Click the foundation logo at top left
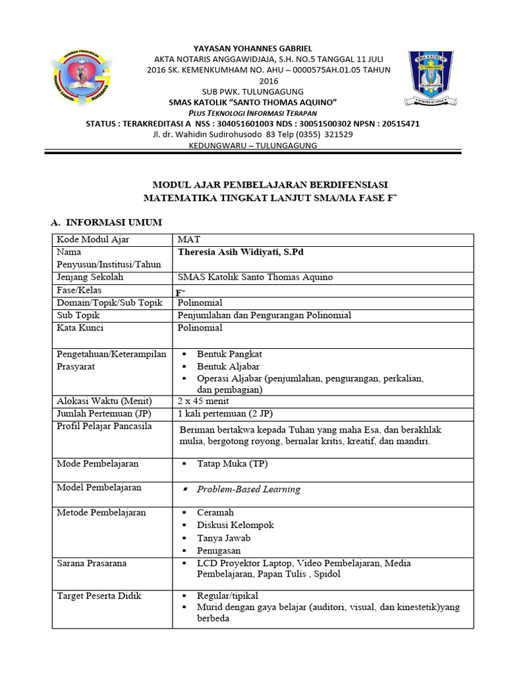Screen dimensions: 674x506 [81, 82]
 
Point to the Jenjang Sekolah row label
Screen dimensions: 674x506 [90, 277]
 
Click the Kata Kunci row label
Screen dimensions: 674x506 [80, 327]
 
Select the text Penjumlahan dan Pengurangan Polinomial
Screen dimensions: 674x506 [265, 315]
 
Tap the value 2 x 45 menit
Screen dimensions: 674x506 [203, 401]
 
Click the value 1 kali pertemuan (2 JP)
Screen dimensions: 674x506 [225, 413]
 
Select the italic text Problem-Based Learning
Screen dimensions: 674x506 [248, 489]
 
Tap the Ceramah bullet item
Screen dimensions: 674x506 [215, 512]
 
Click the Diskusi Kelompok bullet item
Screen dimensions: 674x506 [235, 525]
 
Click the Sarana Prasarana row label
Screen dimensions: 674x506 [92, 563]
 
